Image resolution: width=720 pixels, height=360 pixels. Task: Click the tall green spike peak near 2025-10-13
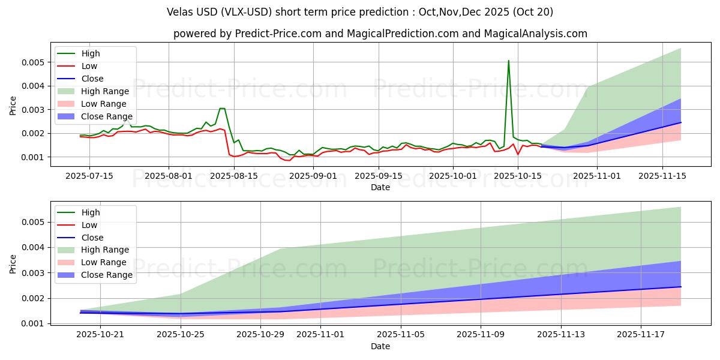point(509,61)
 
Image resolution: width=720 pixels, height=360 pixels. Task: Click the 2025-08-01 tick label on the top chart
point(169,176)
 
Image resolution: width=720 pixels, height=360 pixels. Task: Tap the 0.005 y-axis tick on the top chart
point(38,62)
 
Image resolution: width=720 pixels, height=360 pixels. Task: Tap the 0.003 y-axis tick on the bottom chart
point(38,273)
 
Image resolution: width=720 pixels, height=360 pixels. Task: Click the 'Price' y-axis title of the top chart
point(13,105)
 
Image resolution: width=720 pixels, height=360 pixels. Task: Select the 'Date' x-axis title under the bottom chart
point(380,346)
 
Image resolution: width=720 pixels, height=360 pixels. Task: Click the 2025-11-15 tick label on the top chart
point(662,176)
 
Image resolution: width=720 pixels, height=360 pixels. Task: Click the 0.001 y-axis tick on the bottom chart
point(38,324)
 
